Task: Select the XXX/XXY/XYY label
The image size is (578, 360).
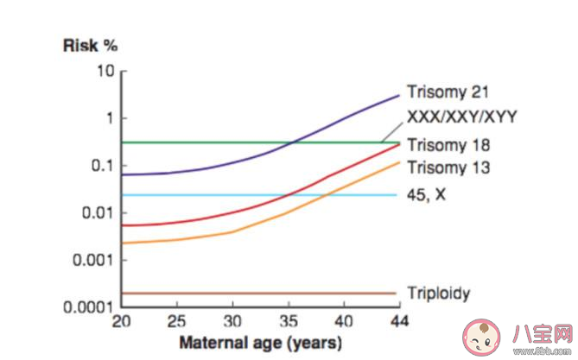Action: (x=461, y=117)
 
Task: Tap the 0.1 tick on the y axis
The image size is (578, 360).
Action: (x=104, y=165)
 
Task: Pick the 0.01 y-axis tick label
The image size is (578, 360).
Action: (x=99, y=212)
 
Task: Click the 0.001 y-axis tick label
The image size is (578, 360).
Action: (x=95, y=260)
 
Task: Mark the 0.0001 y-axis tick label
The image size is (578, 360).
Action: (x=92, y=306)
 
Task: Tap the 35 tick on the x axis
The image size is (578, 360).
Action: (x=289, y=321)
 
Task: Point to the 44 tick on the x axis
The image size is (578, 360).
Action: (x=397, y=321)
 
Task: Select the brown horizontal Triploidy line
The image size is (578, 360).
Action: (x=259, y=294)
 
